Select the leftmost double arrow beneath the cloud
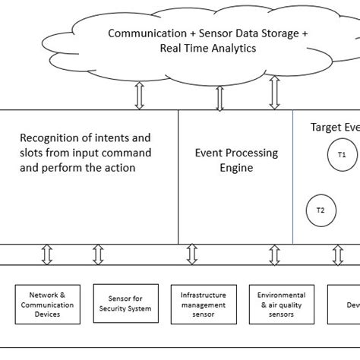coord(138,96)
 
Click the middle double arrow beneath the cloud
coord(219,97)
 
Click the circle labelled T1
coord(342,154)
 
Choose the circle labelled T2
coord(320,210)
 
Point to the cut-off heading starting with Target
coord(335,127)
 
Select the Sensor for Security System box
coord(125,303)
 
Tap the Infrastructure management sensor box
coord(203,303)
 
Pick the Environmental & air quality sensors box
coord(281,303)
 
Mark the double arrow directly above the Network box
coord(46,255)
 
